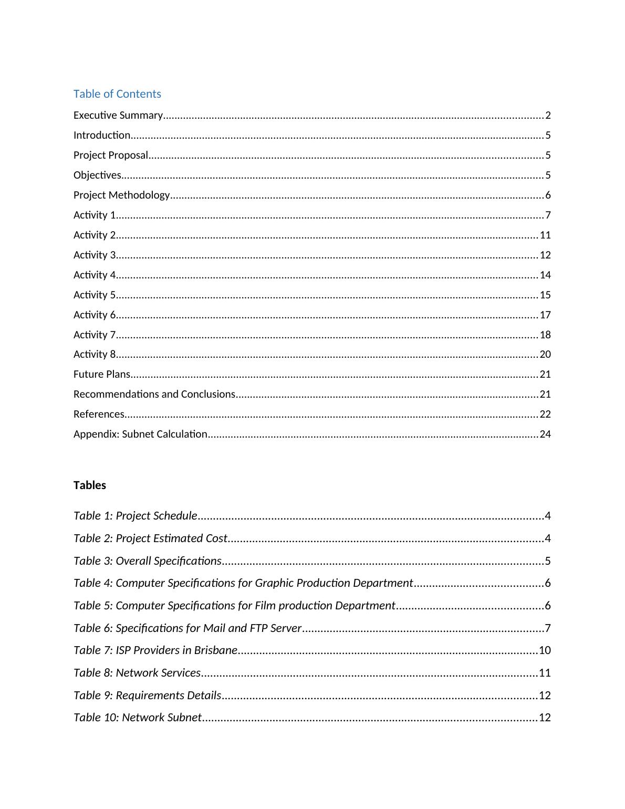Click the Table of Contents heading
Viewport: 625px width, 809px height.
117,94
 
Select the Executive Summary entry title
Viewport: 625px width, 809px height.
118,115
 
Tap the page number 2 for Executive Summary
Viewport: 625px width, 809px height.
548,116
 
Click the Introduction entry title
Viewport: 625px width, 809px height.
102,135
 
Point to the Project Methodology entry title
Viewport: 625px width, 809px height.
121,195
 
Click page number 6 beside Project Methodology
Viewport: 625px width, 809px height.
548,195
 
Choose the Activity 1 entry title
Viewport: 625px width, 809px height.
95,215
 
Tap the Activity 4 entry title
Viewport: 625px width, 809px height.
95,275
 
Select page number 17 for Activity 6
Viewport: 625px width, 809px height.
545,315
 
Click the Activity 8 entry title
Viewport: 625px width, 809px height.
95,354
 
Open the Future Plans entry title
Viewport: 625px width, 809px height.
102,374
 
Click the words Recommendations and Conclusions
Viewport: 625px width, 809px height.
154,394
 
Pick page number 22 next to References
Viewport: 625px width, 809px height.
545,414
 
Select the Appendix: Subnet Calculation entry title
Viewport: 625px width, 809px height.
140,434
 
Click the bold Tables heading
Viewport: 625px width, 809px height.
90,485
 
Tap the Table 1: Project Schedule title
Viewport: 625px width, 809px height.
136,516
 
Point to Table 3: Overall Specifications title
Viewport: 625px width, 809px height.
148,561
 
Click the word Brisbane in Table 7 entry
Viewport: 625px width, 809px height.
215,650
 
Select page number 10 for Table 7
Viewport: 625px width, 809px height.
545,650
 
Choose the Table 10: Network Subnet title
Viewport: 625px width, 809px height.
138,718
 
